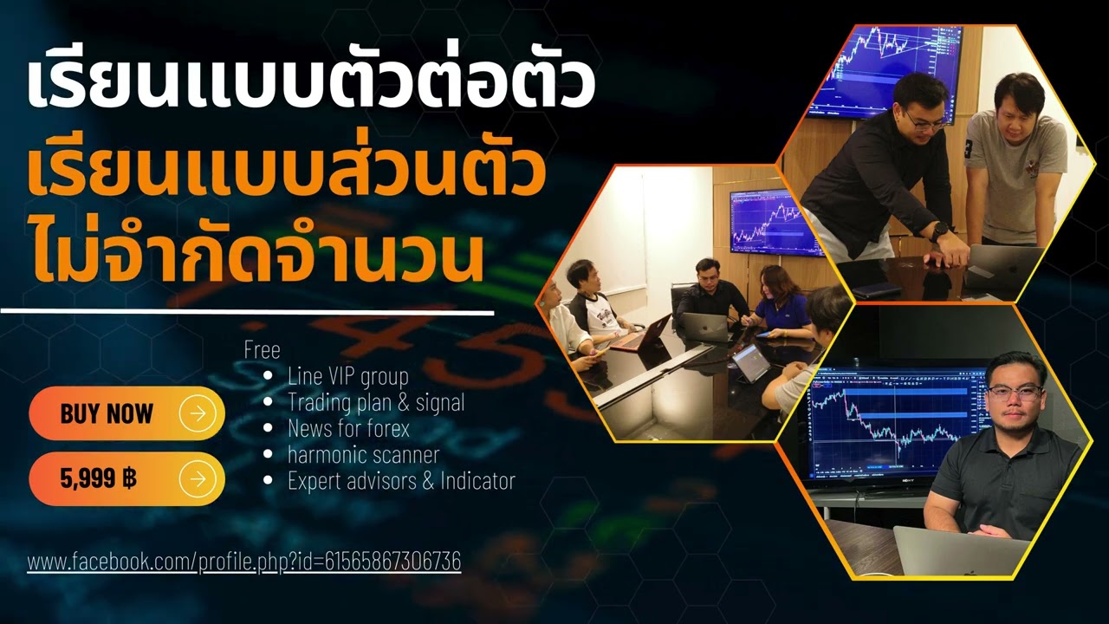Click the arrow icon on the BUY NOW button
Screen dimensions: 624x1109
pos(198,413)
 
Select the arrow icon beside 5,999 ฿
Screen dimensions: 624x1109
pos(198,478)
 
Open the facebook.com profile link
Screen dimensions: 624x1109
pos(243,562)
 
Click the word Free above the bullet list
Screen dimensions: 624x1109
pos(262,350)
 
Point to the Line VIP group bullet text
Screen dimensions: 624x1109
pos(347,376)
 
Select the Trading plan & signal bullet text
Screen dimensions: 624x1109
pos(376,402)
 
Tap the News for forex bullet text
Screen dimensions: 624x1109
pos(348,428)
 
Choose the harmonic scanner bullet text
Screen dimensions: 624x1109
pos(363,454)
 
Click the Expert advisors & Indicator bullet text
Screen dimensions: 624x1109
pos(401,480)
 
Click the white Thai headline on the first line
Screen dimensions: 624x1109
pos(310,83)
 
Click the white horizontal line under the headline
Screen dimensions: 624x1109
pos(247,310)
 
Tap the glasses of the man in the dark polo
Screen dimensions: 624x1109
pos(1013,391)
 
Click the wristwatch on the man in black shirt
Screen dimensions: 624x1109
pos(937,231)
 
